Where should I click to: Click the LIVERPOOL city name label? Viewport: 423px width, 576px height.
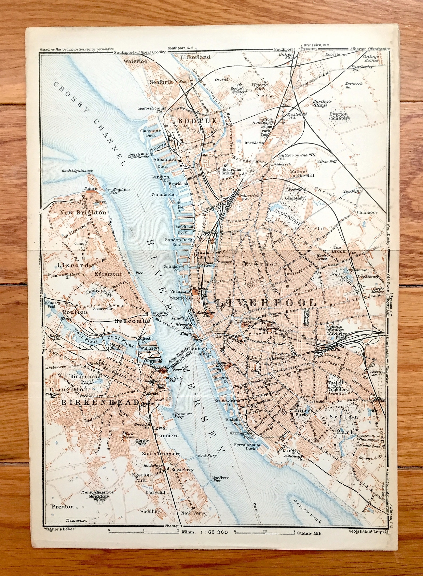pyautogui.click(x=266, y=303)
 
